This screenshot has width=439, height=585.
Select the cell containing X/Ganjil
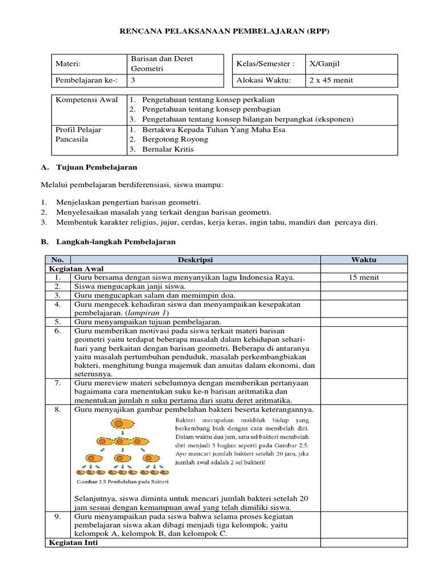324,64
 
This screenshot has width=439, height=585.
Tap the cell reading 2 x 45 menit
331,81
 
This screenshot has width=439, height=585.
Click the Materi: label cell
67,64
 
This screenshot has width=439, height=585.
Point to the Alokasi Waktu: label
264,81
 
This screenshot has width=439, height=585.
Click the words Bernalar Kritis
167,149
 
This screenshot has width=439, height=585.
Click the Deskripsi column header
195,260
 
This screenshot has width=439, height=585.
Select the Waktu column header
364,260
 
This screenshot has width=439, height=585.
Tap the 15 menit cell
364,278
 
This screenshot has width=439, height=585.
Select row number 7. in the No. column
58,383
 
